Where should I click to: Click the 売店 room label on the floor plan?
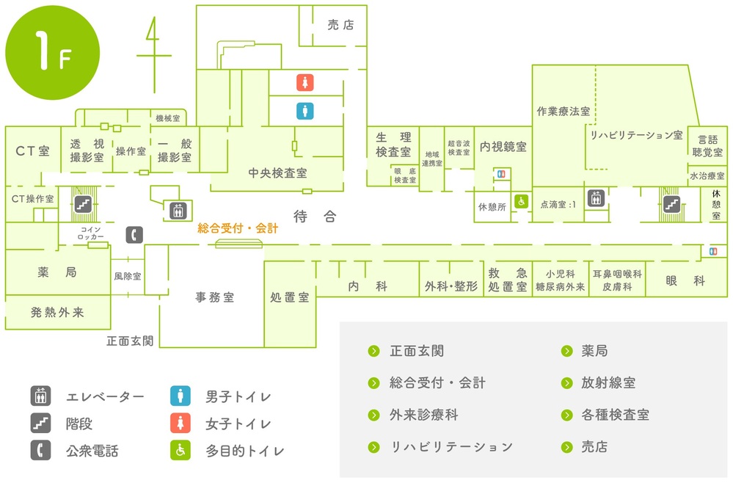(340, 25)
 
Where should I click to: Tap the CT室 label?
(32, 151)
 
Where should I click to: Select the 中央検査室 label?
(277, 173)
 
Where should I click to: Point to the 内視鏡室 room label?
(503, 147)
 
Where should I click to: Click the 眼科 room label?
(685, 280)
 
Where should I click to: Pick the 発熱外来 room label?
(57, 313)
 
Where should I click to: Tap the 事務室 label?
(214, 297)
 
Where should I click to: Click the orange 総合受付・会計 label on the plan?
(238, 228)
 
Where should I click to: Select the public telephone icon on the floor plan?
(134, 235)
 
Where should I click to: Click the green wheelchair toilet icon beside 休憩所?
(521, 202)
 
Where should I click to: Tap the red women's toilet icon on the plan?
(304, 83)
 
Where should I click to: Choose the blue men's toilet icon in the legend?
(180, 396)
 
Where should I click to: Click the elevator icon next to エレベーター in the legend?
(40, 396)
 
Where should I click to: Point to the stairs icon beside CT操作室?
(83, 204)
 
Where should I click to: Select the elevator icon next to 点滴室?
(596, 198)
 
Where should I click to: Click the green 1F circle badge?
(52, 52)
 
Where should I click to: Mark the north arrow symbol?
(154, 55)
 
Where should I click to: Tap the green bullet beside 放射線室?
(566, 383)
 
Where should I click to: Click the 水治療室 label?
(707, 176)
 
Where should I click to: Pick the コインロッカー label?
(91, 233)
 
